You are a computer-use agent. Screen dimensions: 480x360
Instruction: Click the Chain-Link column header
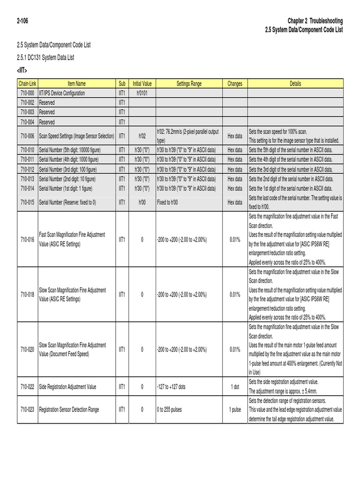point(27,84)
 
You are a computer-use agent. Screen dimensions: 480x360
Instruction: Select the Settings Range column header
point(189,84)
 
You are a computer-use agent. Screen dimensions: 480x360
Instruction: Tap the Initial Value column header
point(142,84)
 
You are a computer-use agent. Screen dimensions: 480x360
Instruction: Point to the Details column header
point(295,84)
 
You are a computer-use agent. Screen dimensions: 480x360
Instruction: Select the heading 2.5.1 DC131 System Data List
point(45,58)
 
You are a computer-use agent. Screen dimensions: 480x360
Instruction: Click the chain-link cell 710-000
point(27,93)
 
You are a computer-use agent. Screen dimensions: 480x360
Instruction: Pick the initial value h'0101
point(142,93)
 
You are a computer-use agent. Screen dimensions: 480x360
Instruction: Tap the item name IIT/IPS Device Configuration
point(62,93)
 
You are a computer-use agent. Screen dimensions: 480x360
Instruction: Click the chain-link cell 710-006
point(27,136)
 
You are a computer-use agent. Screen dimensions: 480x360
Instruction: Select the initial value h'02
point(142,136)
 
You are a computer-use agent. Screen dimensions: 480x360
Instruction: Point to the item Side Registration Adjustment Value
point(67,387)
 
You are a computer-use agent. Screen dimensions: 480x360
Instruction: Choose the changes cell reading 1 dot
point(235,387)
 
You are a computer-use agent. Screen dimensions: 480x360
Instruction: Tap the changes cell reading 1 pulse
point(235,410)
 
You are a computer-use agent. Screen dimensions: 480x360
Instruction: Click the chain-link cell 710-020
point(27,350)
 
